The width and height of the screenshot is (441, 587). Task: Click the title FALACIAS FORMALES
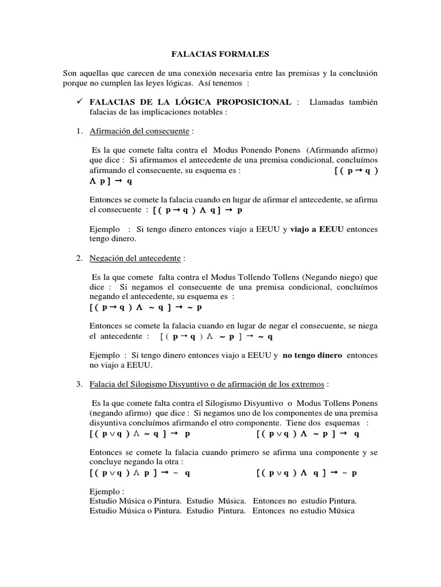pyautogui.click(x=220, y=54)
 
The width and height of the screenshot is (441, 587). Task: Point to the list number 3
pyautogui.click(x=79, y=383)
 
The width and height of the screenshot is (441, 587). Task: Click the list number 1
pyautogui.click(x=79, y=131)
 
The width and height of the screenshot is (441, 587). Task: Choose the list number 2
pyautogui.click(x=79, y=259)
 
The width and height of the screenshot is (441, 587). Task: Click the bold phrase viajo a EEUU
pyautogui.click(x=317, y=229)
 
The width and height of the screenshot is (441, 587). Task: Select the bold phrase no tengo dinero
pyautogui.click(x=312, y=355)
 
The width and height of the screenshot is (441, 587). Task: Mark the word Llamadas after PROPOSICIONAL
pyautogui.click(x=328, y=101)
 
